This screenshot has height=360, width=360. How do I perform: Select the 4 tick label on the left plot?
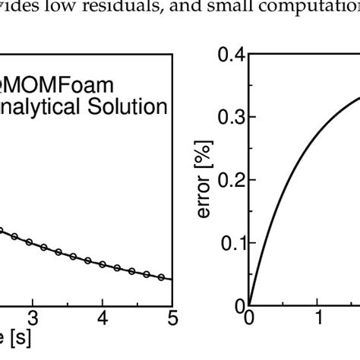[x=103, y=317]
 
